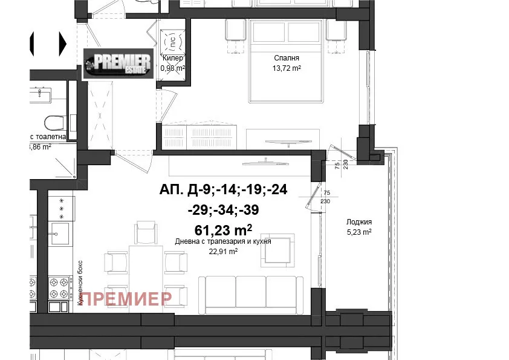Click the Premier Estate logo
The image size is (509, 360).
(117, 64)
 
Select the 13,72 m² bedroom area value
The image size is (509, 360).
(287, 68)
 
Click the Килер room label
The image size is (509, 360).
(172, 58)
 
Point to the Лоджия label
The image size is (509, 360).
(359, 222)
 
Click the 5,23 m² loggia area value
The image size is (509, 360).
(359, 232)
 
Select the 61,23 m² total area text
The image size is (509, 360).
(223, 229)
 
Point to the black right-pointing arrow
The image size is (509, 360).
(63, 42)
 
